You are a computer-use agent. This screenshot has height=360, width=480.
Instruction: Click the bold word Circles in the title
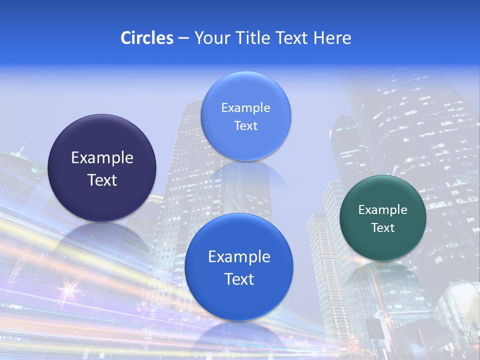tap(147, 38)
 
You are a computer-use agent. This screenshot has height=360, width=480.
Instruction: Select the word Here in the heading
tap(332, 38)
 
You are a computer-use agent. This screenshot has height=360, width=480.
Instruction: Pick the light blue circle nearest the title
tap(245, 140)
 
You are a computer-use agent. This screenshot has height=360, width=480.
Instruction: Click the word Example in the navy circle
tap(102, 158)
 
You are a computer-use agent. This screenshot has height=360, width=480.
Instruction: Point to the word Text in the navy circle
tap(102, 180)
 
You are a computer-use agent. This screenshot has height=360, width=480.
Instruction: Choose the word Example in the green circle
tap(383, 210)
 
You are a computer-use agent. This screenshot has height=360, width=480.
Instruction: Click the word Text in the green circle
tap(383, 228)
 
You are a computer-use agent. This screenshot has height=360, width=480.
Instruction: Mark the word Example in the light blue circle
tap(245, 108)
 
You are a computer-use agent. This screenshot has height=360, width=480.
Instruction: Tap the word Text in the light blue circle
tap(245, 126)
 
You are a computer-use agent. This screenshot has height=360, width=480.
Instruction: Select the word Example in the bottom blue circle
tap(239, 257)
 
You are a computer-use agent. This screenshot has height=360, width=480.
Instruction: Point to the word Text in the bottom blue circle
tap(239, 279)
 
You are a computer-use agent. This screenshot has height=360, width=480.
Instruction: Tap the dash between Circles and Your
tap(183, 38)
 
